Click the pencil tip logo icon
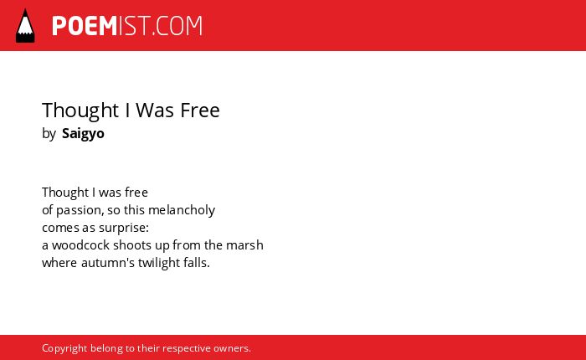click(25, 26)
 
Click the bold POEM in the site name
click(85, 26)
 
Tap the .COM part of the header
click(177, 26)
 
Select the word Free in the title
click(200, 110)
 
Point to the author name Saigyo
click(83, 134)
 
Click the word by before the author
click(49, 133)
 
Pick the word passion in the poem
click(80, 210)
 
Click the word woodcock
click(80, 245)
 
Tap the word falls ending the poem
click(197, 263)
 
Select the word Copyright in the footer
click(64, 348)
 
